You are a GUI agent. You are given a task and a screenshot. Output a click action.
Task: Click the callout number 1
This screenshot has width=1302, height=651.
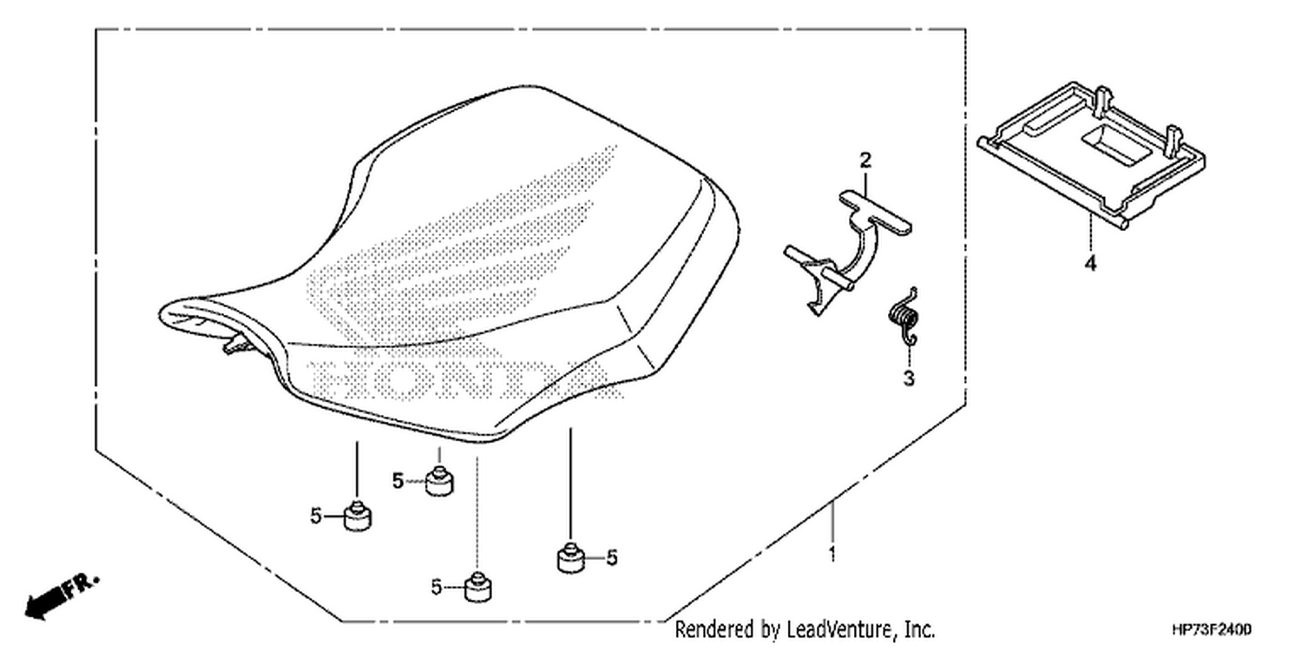click(x=832, y=554)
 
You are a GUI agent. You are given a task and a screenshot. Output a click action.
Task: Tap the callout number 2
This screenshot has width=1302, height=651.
click(x=865, y=161)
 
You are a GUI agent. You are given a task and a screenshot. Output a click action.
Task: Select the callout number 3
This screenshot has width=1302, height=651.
click(x=909, y=378)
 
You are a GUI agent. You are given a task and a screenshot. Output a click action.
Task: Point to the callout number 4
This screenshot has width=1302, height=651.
click(x=1090, y=263)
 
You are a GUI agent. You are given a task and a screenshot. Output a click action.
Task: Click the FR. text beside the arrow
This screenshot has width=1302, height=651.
click(x=82, y=586)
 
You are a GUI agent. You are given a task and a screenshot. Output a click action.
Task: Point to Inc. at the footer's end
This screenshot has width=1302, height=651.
click(x=920, y=629)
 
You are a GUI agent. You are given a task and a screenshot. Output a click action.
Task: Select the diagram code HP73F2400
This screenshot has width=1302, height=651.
click(x=1212, y=629)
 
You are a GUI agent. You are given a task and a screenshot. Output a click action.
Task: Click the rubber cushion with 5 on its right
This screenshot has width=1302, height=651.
click(x=570, y=558)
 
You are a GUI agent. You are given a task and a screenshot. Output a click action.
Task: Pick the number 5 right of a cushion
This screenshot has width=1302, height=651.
click(x=611, y=558)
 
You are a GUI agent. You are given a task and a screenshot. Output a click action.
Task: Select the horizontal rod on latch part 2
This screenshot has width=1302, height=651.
click(x=819, y=268)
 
